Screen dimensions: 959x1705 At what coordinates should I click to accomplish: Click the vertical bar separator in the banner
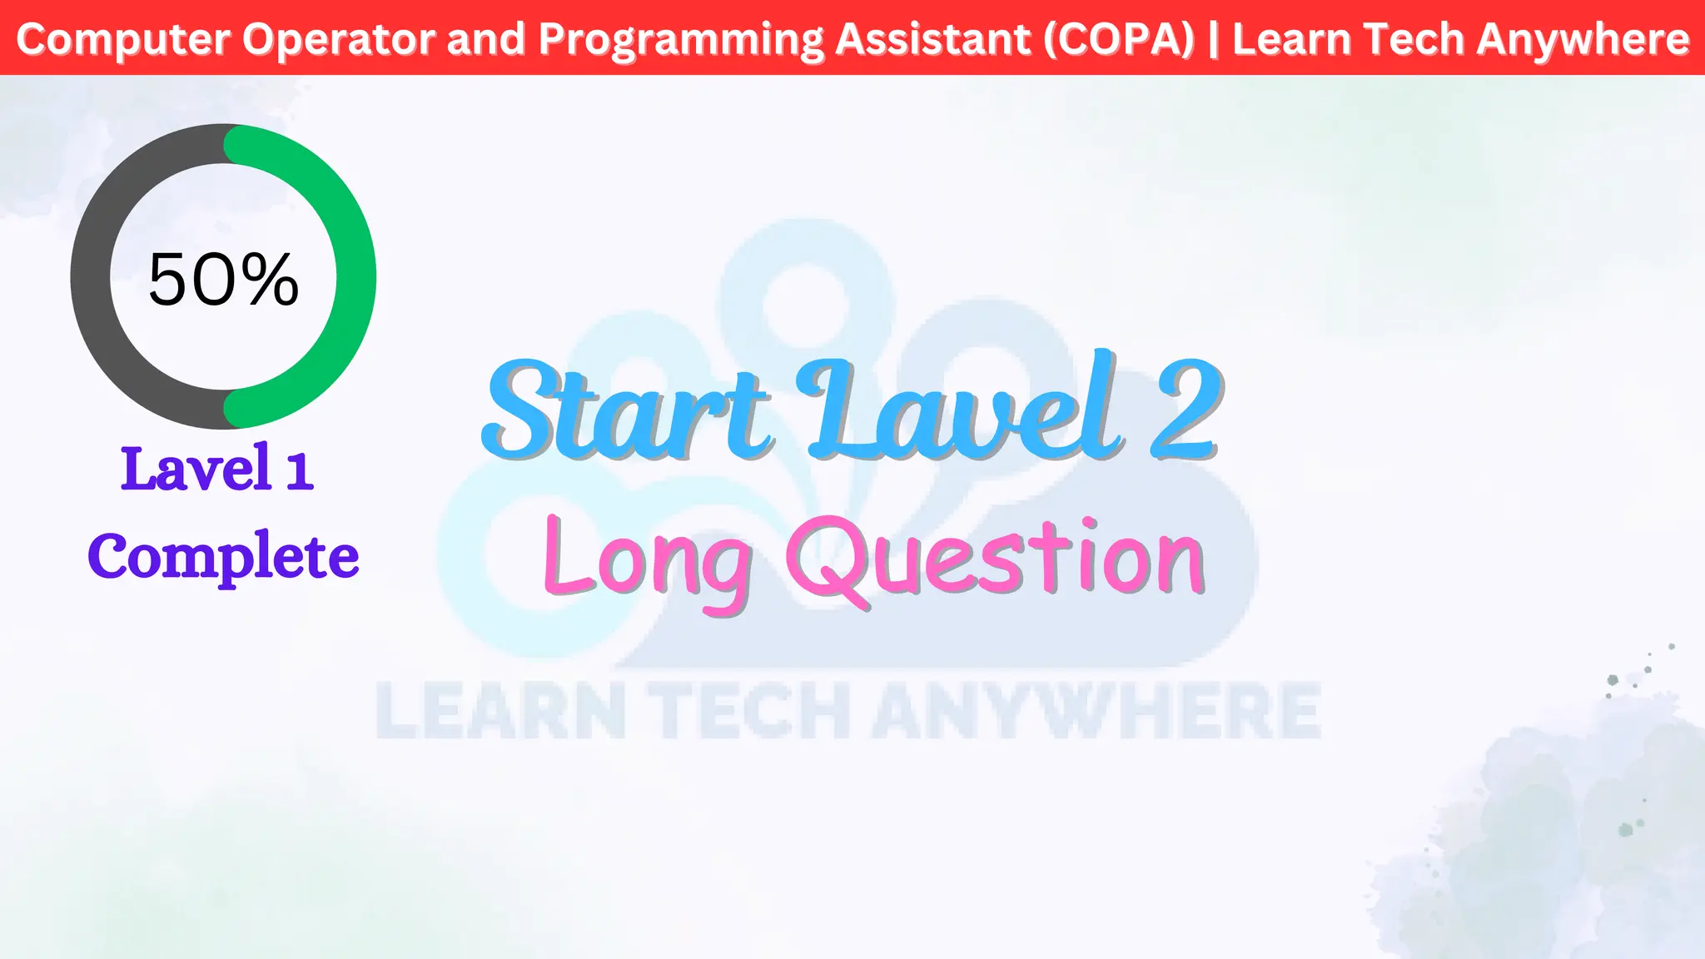1213,39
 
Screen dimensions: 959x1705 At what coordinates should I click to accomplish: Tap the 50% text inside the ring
223,280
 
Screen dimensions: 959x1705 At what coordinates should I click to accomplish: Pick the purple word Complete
223,556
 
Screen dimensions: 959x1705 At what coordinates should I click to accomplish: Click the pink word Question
996,558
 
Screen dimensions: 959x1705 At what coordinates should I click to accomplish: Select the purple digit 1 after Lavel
299,470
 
